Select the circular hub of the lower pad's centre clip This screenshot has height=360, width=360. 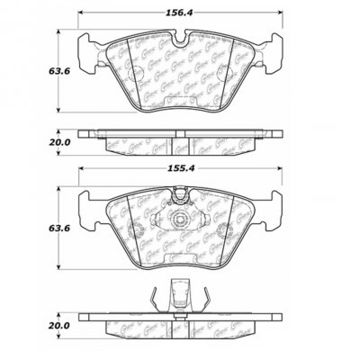[181, 220]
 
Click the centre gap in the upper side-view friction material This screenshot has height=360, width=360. [181, 145]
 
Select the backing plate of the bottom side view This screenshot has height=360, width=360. [181, 318]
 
